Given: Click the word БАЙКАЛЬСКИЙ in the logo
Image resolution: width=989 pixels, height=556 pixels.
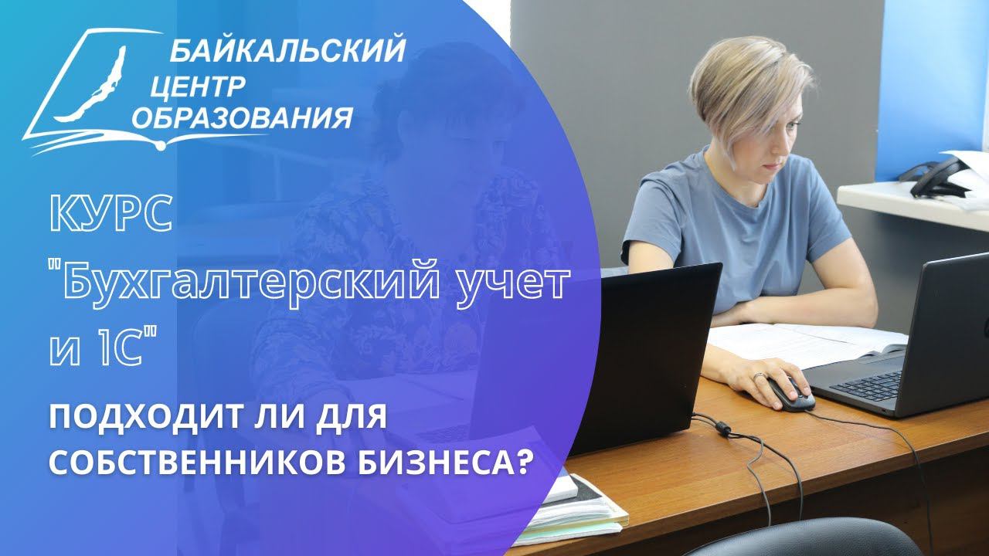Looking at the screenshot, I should tap(287, 52).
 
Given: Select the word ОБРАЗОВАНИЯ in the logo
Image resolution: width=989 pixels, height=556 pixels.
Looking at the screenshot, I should tap(243, 118).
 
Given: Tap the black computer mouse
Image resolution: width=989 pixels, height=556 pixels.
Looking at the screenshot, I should tap(789, 393).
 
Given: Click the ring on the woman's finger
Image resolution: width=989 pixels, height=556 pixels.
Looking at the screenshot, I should tap(760, 376).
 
